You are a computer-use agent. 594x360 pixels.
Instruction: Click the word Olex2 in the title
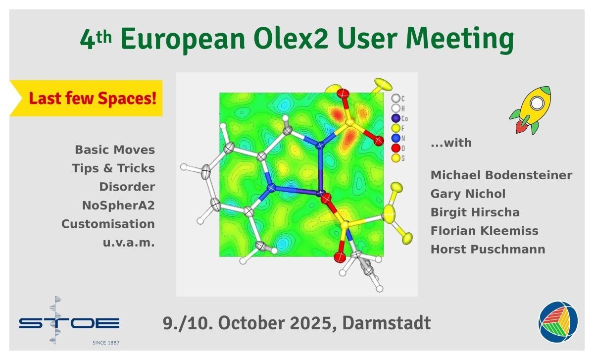tap(291, 39)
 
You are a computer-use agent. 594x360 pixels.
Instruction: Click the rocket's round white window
tap(537, 103)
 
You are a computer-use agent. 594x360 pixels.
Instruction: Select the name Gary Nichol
tap(468, 194)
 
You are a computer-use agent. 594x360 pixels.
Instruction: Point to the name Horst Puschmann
tap(488, 250)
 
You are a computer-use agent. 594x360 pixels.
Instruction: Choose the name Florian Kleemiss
tap(484, 231)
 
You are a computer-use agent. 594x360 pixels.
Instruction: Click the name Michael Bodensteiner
tap(501, 175)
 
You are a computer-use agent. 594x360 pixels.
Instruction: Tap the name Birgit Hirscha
tap(475, 212)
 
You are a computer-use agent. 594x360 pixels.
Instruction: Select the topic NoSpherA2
tap(118, 206)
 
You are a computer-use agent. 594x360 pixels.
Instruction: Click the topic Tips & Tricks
tap(113, 168)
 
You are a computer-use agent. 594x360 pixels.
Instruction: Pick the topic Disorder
tap(127, 187)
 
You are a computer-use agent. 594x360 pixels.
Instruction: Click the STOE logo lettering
tap(69, 323)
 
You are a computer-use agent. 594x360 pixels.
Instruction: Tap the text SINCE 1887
tap(106, 343)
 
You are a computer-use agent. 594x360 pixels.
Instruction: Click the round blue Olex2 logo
tap(558, 321)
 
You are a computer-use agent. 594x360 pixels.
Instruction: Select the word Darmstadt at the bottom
tap(387, 323)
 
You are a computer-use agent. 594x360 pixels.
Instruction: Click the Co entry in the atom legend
tap(399, 118)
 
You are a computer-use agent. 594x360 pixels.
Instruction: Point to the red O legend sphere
tap(396, 148)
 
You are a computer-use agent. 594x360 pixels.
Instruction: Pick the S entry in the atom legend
tap(398, 158)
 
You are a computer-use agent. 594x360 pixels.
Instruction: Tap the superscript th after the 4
tap(104, 38)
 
